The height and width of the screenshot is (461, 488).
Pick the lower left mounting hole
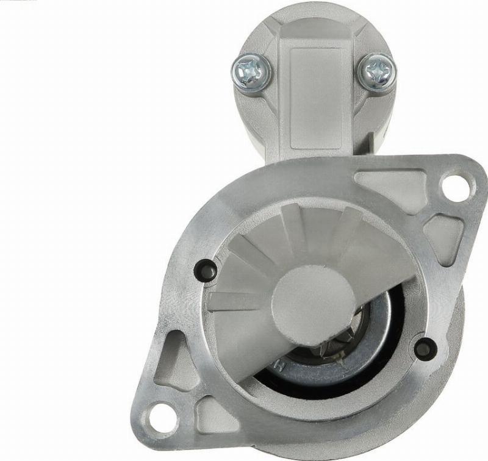click(160, 418)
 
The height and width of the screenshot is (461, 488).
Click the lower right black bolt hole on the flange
click(425, 348)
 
